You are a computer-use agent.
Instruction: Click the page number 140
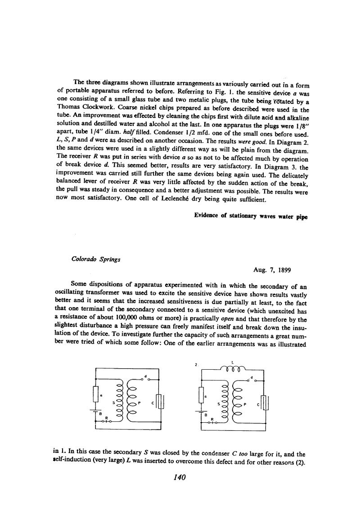click(180, 477)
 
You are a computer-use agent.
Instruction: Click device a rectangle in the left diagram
click(95, 394)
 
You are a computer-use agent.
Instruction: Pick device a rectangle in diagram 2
click(201, 395)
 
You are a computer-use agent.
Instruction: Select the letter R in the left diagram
click(106, 418)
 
